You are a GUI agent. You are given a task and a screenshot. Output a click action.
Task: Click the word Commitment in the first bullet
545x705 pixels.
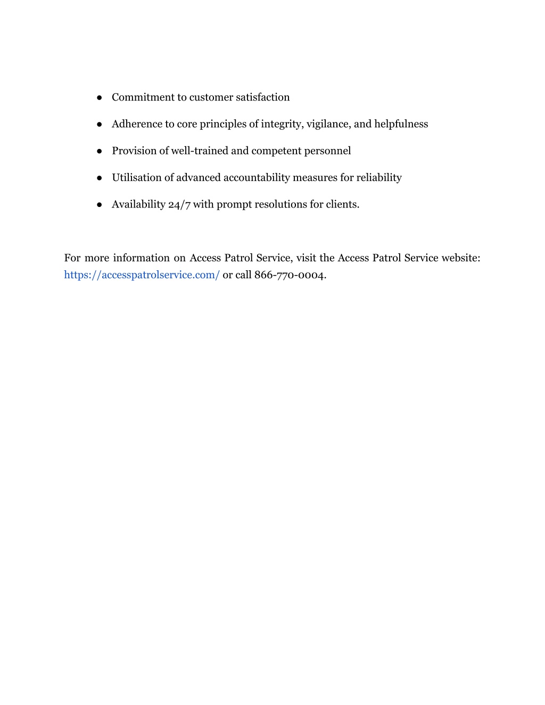(x=136, y=97)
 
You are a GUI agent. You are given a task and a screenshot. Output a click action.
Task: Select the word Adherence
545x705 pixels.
(x=136, y=124)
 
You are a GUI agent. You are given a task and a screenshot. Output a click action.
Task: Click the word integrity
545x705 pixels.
(x=282, y=124)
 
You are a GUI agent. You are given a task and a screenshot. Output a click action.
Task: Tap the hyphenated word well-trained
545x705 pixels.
(x=199, y=151)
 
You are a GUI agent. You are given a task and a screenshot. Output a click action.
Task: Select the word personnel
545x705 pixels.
(x=327, y=151)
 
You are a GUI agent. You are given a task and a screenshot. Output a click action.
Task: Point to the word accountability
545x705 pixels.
(x=256, y=177)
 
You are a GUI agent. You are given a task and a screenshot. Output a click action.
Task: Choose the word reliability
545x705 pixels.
(x=379, y=177)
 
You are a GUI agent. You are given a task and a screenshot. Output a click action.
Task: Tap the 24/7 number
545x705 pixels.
(x=179, y=204)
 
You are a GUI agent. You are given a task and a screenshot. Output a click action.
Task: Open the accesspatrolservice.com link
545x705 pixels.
(x=142, y=275)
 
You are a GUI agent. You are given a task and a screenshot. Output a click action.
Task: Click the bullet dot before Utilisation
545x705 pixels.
(x=100, y=178)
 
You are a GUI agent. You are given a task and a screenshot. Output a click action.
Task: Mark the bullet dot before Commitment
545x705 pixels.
(x=100, y=98)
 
